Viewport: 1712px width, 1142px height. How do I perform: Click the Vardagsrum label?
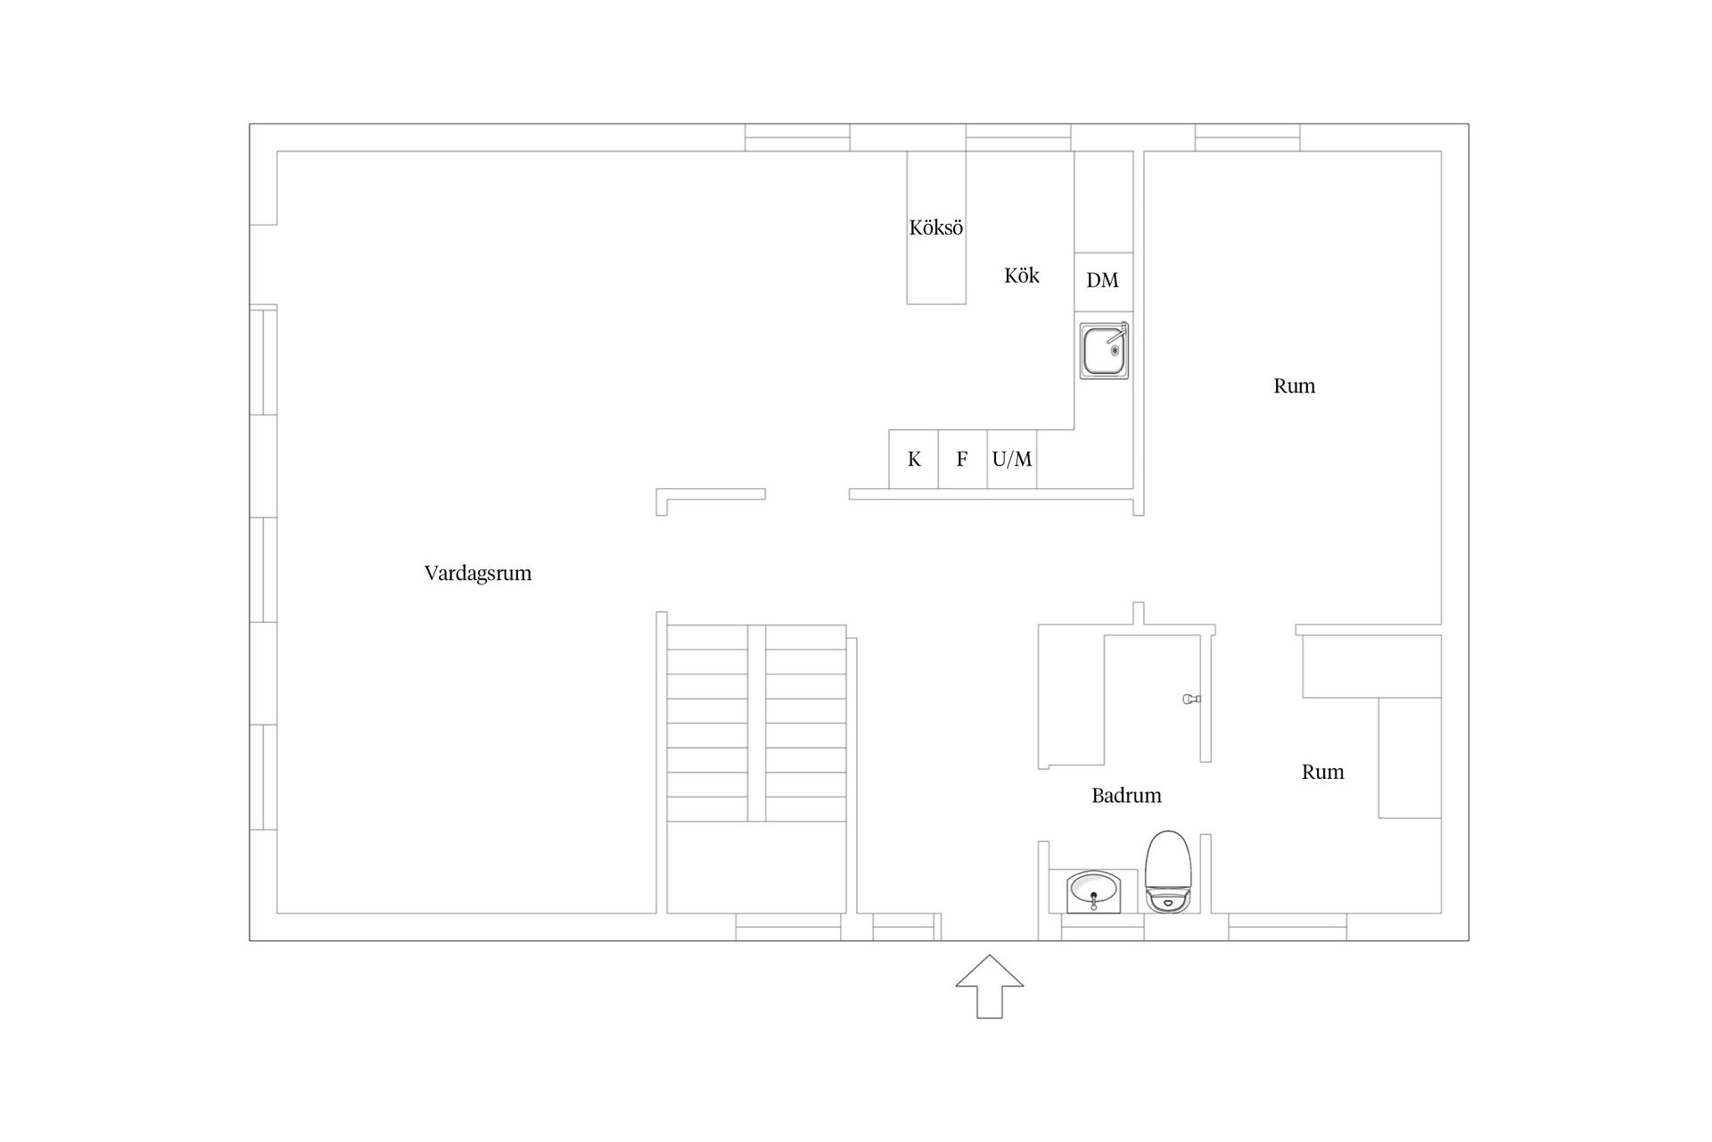[x=478, y=573]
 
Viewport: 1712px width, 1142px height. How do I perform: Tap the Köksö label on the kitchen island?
[x=935, y=228]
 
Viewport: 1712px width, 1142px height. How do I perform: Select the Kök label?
[x=1021, y=276]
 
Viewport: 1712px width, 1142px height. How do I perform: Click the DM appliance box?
[x=1103, y=281]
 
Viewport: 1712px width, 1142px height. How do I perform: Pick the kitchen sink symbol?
[x=1104, y=352]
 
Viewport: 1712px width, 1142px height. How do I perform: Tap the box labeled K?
[x=913, y=459]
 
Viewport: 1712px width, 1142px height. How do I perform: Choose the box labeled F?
[x=962, y=459]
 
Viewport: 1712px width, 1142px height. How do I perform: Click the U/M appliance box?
[x=1012, y=459]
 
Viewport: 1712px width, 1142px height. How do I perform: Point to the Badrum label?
[x=1126, y=795]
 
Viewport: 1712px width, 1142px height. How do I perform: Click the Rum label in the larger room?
[x=1294, y=386]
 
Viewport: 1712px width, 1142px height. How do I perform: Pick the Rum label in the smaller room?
[x=1322, y=773]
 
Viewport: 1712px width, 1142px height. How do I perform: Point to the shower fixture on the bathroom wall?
[x=1190, y=699]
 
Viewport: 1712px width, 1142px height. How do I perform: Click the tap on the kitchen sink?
[x=1122, y=330]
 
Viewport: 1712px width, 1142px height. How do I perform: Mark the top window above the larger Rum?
[x=1247, y=137]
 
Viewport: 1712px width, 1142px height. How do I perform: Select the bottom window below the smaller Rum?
[x=1287, y=927]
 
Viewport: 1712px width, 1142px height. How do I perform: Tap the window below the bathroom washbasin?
[x=1102, y=928]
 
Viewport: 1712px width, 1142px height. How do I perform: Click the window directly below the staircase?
[x=788, y=927]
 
